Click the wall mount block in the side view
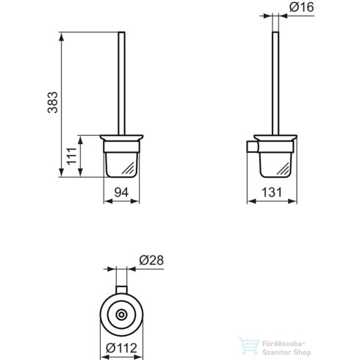(251, 149)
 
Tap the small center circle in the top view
(122, 314)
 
